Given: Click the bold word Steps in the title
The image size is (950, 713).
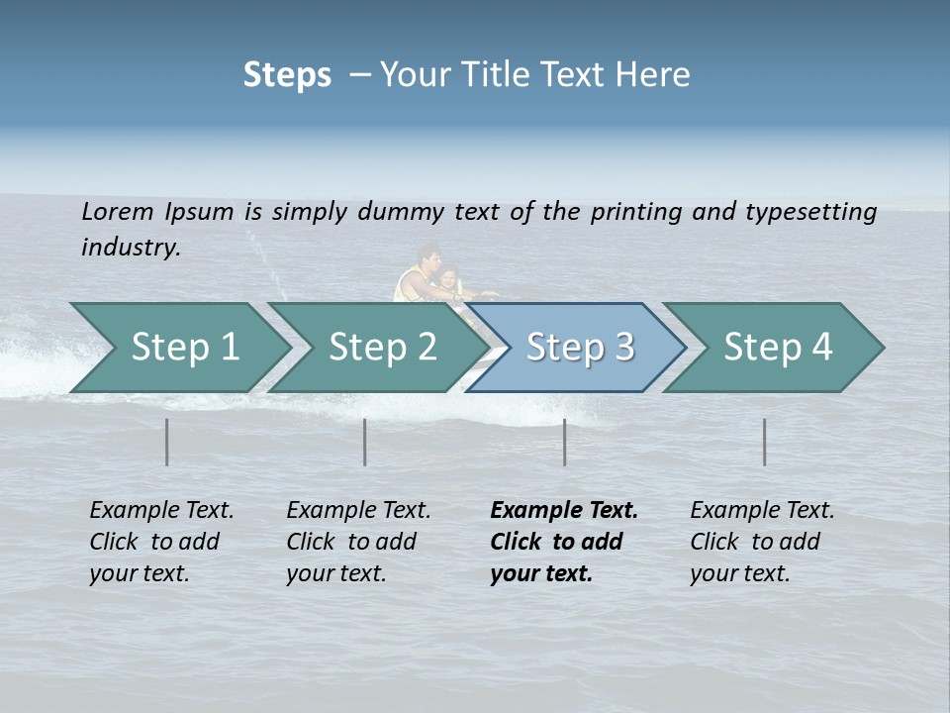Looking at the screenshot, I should pyautogui.click(x=287, y=75).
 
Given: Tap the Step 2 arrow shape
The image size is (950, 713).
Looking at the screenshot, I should pyautogui.click(x=382, y=348).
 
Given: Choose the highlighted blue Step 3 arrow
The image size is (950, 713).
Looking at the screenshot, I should pyautogui.click(x=580, y=348).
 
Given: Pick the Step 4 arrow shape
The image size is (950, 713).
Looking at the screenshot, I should pyautogui.click(x=778, y=348).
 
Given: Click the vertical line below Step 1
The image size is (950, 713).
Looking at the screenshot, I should pyautogui.click(x=167, y=442).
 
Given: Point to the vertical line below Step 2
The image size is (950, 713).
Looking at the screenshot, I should pyautogui.click(x=365, y=442).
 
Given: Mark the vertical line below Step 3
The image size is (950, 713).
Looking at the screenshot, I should pyautogui.click(x=565, y=442).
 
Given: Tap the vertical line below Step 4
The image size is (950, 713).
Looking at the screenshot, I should pyautogui.click(x=765, y=442).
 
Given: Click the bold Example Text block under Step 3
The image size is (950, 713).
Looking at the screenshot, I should pyautogui.click(x=564, y=542).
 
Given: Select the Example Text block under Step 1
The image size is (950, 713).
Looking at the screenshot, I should pyautogui.click(x=161, y=542).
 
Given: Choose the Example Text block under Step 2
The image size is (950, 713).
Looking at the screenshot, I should pyautogui.click(x=358, y=542).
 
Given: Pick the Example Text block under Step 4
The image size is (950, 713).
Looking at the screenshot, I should pyautogui.click(x=762, y=542).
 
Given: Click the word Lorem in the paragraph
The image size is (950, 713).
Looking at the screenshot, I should pyautogui.click(x=118, y=211).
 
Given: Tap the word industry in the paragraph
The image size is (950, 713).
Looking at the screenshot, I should pyautogui.click(x=130, y=247).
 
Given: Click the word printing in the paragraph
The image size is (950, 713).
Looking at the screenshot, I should pyautogui.click(x=636, y=212).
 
